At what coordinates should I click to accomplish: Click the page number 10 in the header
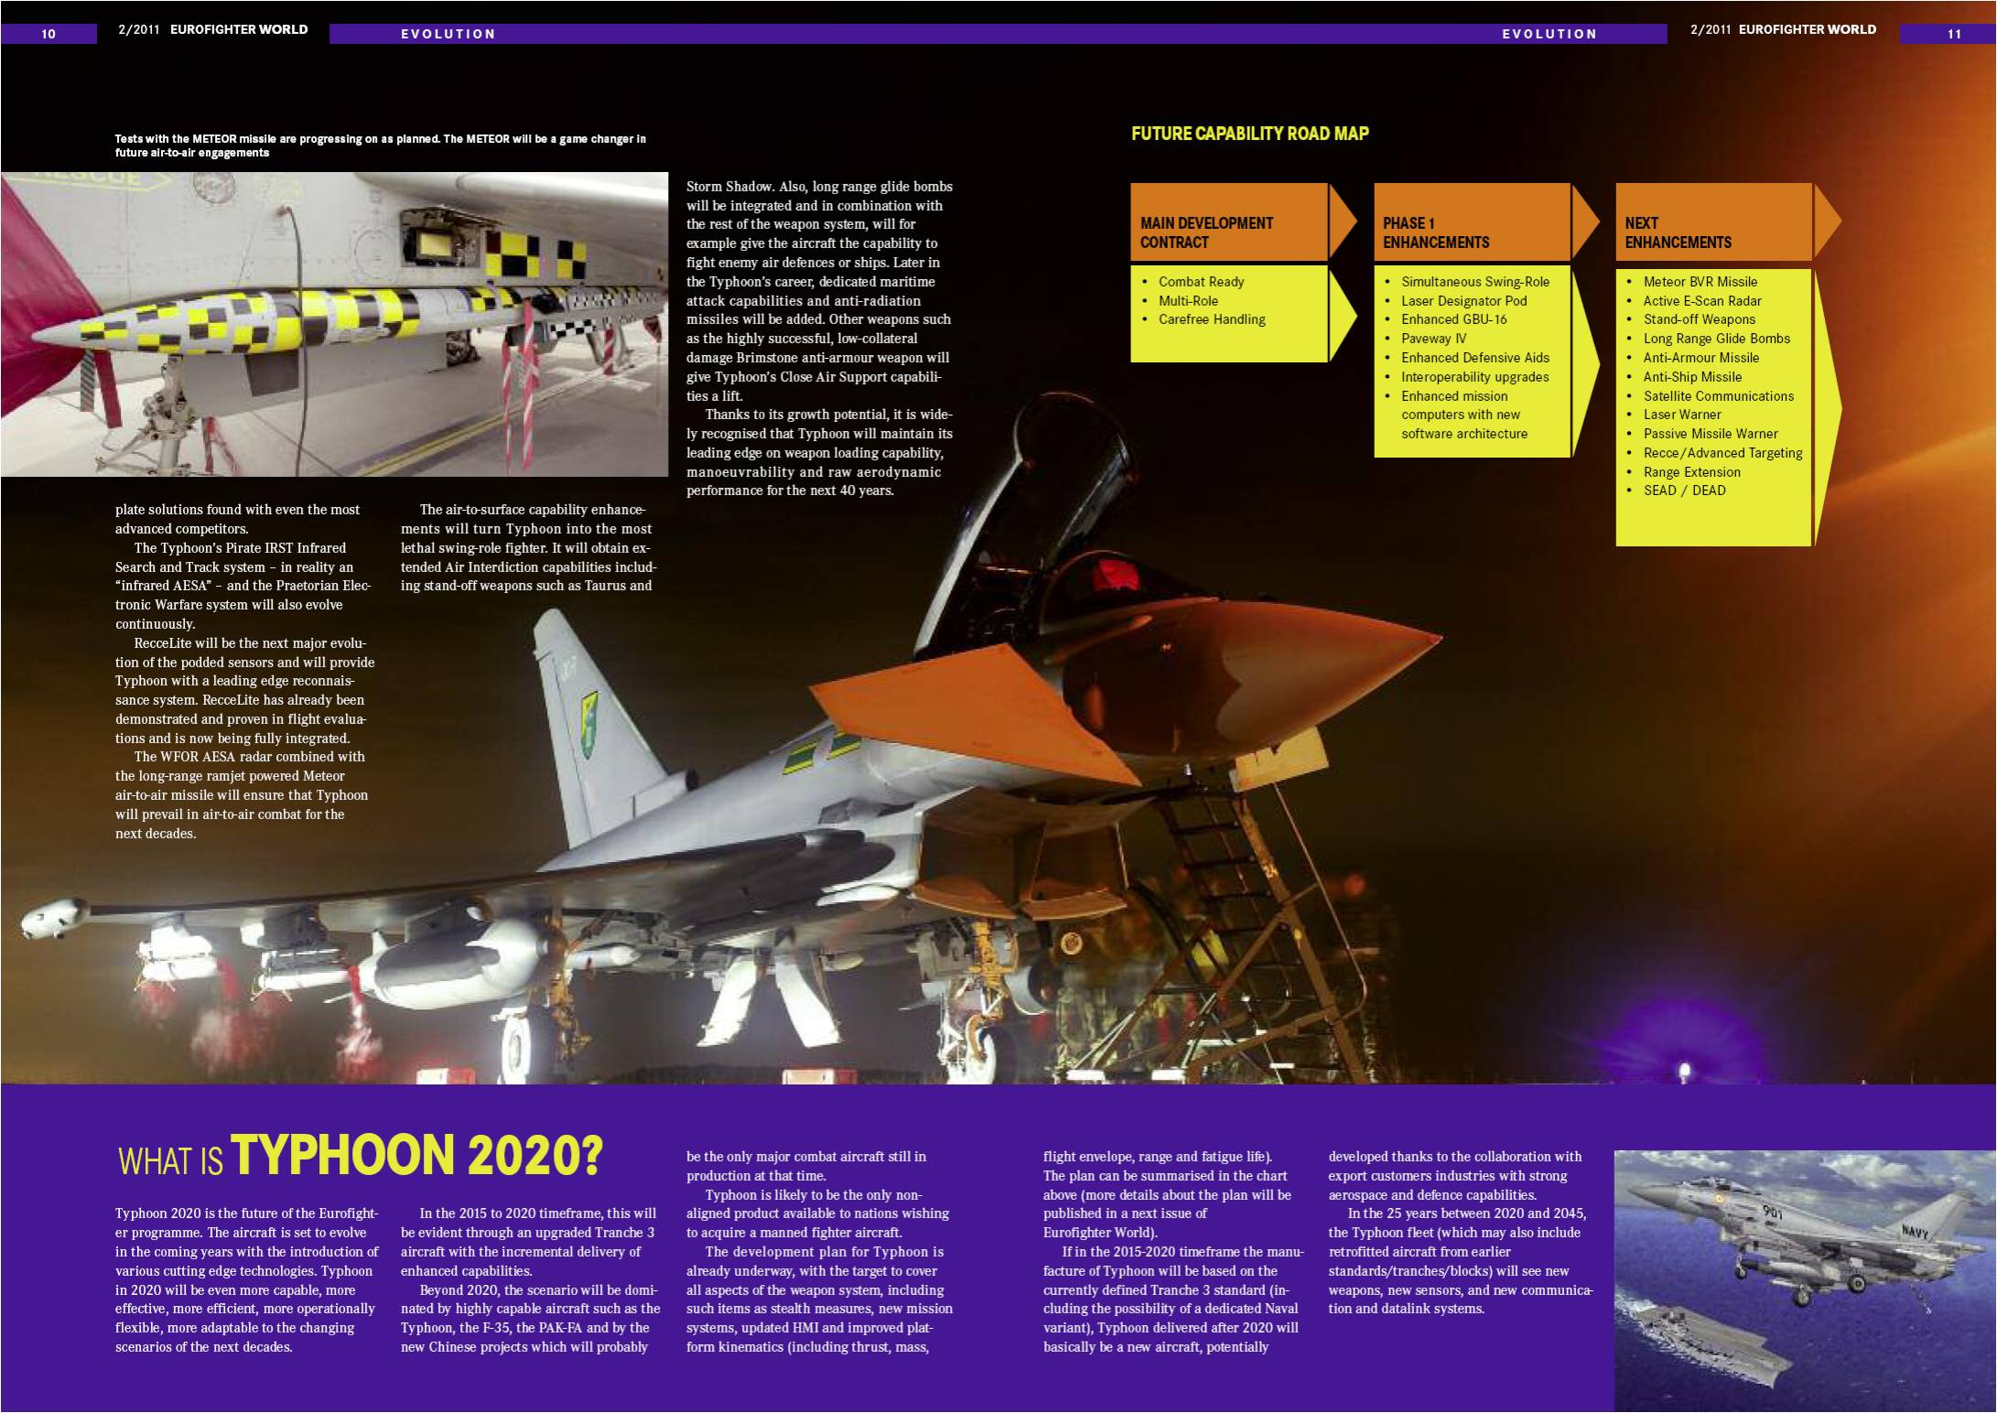tap(49, 34)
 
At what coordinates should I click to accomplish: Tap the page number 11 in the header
tap(1954, 34)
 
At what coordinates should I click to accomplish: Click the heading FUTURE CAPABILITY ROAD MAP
tap(1249, 134)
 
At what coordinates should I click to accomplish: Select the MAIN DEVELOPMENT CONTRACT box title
tap(1206, 232)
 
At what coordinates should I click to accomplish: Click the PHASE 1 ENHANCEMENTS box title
tap(1435, 232)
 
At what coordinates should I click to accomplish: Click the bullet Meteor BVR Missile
tap(1700, 282)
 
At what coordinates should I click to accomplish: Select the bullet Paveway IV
tap(1433, 339)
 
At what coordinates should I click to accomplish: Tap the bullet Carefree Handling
tap(1211, 319)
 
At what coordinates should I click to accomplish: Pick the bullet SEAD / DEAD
tap(1684, 491)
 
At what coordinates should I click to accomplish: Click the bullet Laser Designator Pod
tap(1463, 301)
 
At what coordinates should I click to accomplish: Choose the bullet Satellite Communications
tap(1718, 396)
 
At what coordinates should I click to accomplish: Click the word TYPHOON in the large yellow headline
tap(342, 1155)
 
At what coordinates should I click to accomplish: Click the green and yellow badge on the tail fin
tap(588, 723)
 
